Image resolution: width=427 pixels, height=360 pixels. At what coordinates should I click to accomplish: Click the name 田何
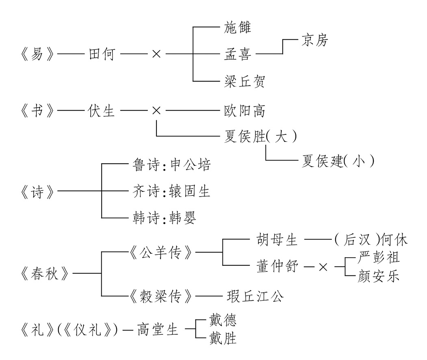(102, 54)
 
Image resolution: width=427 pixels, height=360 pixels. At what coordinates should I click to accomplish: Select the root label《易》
(37, 54)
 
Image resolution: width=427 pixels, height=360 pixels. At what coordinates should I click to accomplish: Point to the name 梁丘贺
(245, 81)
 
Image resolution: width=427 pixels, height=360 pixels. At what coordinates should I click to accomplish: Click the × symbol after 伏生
(156, 111)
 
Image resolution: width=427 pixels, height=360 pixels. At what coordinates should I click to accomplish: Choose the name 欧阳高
(245, 111)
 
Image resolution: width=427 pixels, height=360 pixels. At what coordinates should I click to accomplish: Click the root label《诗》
(37, 191)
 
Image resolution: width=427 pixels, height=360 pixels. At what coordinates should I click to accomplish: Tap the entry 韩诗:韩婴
(164, 218)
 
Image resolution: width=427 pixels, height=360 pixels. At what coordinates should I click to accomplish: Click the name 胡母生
(277, 239)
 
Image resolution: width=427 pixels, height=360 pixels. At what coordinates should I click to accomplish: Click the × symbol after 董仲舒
(323, 267)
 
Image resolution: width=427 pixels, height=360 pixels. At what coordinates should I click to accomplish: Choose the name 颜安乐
(379, 276)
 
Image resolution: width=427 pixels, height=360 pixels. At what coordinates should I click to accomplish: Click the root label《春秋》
(45, 273)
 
